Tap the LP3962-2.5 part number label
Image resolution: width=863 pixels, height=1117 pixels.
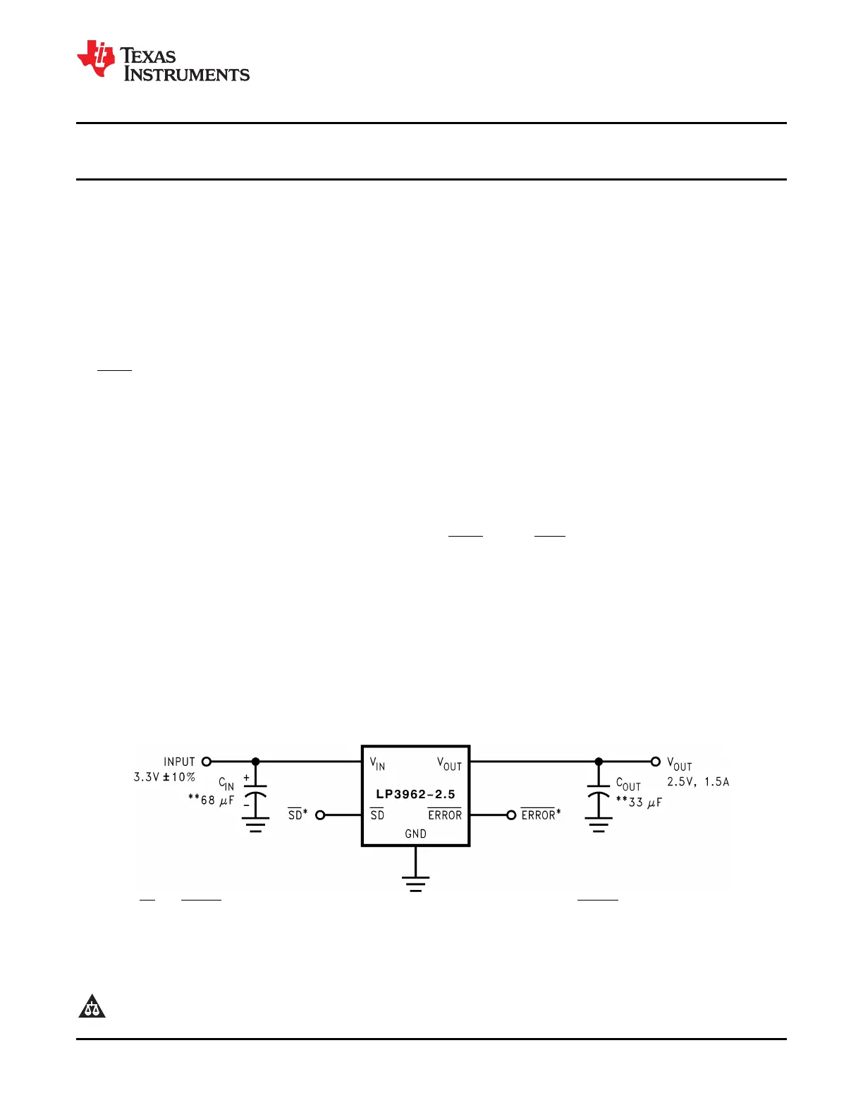click(415, 794)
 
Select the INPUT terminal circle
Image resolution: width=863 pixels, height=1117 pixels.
click(207, 762)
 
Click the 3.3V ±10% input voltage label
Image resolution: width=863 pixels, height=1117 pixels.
click(164, 777)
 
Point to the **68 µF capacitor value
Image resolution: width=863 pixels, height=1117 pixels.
click(211, 800)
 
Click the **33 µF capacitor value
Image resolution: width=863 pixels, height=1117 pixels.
click(639, 802)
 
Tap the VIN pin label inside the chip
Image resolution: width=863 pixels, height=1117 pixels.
click(377, 764)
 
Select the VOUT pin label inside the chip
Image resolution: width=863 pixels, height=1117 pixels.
click(449, 764)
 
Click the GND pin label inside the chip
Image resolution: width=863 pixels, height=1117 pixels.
click(415, 834)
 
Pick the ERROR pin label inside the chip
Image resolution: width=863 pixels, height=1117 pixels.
click(445, 815)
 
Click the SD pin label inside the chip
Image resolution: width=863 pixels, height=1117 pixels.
click(377, 815)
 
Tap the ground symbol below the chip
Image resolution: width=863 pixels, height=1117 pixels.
click(415, 884)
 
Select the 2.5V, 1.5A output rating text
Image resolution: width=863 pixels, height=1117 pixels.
click(698, 781)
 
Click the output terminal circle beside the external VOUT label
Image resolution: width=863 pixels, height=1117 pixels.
click(655, 762)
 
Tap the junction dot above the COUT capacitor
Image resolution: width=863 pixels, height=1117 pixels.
click(599, 762)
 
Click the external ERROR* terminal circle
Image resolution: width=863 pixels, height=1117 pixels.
click(511, 815)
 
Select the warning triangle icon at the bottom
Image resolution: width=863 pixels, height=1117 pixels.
click(92, 1007)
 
